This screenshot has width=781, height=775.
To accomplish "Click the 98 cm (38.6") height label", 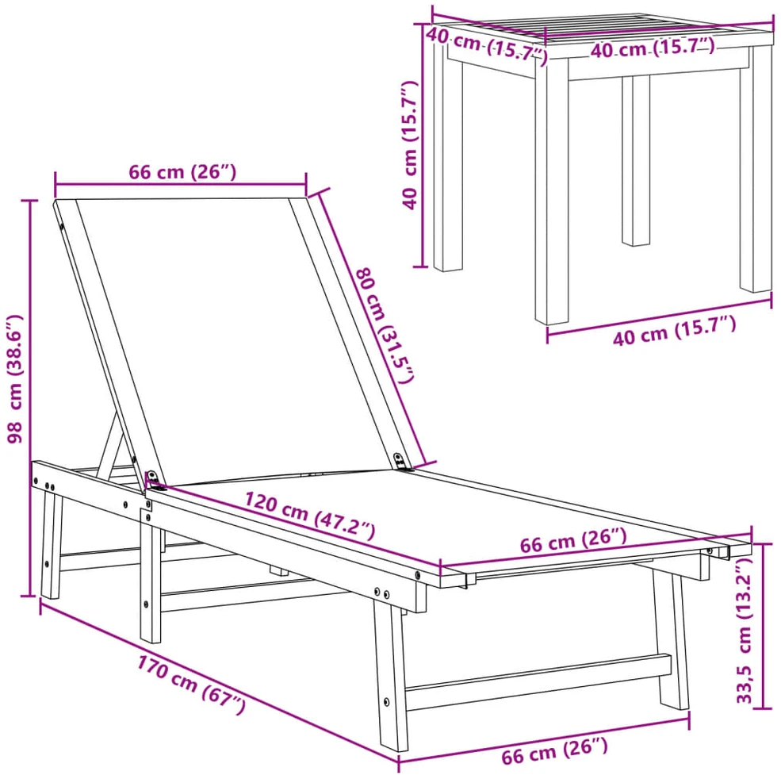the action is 16,379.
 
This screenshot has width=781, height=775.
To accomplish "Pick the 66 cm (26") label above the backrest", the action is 182,172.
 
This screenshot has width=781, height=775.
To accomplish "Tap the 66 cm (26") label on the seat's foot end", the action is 573,541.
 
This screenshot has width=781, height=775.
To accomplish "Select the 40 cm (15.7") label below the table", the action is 675,331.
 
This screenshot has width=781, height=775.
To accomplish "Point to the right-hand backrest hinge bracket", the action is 401,462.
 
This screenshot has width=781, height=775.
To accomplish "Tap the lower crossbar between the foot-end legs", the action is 538,681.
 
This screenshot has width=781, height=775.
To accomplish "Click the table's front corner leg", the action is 551,192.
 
